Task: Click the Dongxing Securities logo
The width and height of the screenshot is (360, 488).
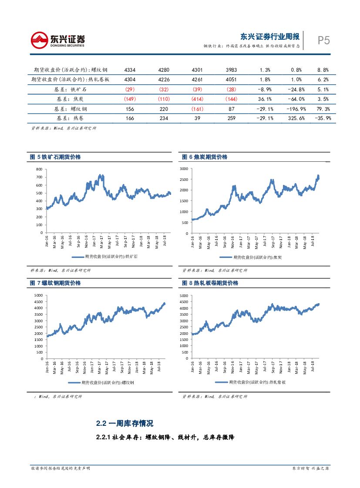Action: click(x=58, y=40)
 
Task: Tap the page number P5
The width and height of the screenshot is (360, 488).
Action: click(x=323, y=40)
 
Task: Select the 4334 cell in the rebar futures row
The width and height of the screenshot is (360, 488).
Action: click(x=130, y=70)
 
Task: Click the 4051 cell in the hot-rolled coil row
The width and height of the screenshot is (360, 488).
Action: click(x=231, y=80)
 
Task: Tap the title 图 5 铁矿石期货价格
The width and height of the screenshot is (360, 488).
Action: click(x=55, y=157)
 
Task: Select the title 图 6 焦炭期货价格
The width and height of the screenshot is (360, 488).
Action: click(x=205, y=157)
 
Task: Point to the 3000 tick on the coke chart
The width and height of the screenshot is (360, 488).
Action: click(x=184, y=169)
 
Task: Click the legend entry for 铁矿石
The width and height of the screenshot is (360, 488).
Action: click(x=104, y=257)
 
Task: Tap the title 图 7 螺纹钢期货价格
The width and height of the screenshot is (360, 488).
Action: click(x=55, y=283)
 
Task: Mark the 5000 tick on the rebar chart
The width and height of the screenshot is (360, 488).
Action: click(x=38, y=295)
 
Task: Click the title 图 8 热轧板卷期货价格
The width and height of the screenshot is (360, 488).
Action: click(x=210, y=283)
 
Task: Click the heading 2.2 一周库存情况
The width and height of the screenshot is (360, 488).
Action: click(x=124, y=423)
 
